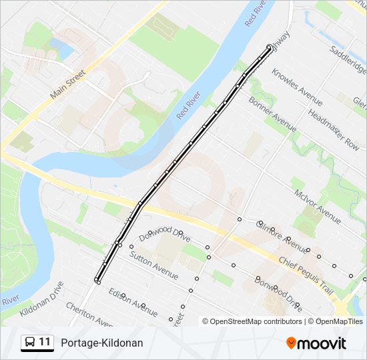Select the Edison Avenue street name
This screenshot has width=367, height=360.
[x=133, y=302]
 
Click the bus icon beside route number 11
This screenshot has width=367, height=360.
[x=30, y=343]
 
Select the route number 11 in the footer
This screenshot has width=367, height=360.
[x=45, y=343]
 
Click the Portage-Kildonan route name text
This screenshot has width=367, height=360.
[x=101, y=343]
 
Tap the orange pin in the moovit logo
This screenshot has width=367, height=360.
[x=292, y=343]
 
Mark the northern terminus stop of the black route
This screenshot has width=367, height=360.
[x=269, y=47]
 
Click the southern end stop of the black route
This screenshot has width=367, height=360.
[x=97, y=281]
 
